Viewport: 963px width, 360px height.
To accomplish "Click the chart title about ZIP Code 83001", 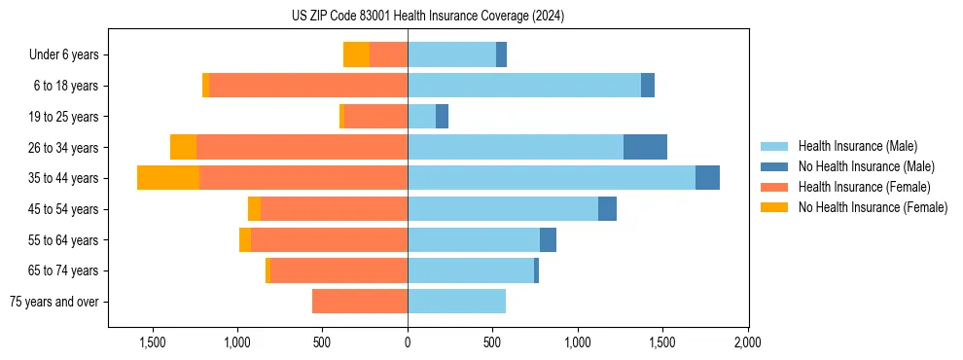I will click(427, 16).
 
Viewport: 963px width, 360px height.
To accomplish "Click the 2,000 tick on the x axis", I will click(747, 342).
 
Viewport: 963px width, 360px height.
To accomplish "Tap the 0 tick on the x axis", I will click(408, 342).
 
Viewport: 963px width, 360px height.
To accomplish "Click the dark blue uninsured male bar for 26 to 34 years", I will click(645, 147).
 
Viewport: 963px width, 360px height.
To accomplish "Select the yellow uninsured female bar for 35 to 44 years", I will click(168, 178).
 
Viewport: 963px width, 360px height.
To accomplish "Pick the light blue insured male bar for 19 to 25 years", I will click(421, 117).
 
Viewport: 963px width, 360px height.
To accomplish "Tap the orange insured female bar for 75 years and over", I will click(360, 302).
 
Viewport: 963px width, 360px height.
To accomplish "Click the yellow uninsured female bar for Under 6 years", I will click(356, 54).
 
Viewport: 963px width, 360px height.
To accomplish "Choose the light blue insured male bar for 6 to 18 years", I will click(524, 86).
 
